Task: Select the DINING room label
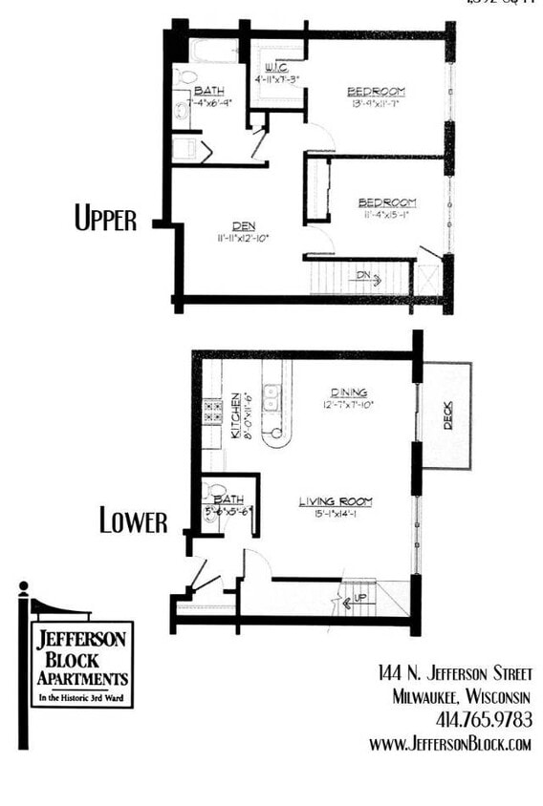click(x=349, y=392)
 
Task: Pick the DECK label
click(x=448, y=414)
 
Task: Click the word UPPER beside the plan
click(x=105, y=219)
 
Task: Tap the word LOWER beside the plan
click(x=133, y=521)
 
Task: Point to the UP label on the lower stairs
click(x=360, y=598)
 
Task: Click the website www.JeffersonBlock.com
click(x=449, y=743)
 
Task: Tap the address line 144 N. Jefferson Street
click(x=454, y=674)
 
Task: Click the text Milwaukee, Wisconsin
click(x=462, y=696)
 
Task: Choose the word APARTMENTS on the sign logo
click(x=82, y=677)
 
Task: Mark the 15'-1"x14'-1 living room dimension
click(x=335, y=515)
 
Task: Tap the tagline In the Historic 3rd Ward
click(x=82, y=698)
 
